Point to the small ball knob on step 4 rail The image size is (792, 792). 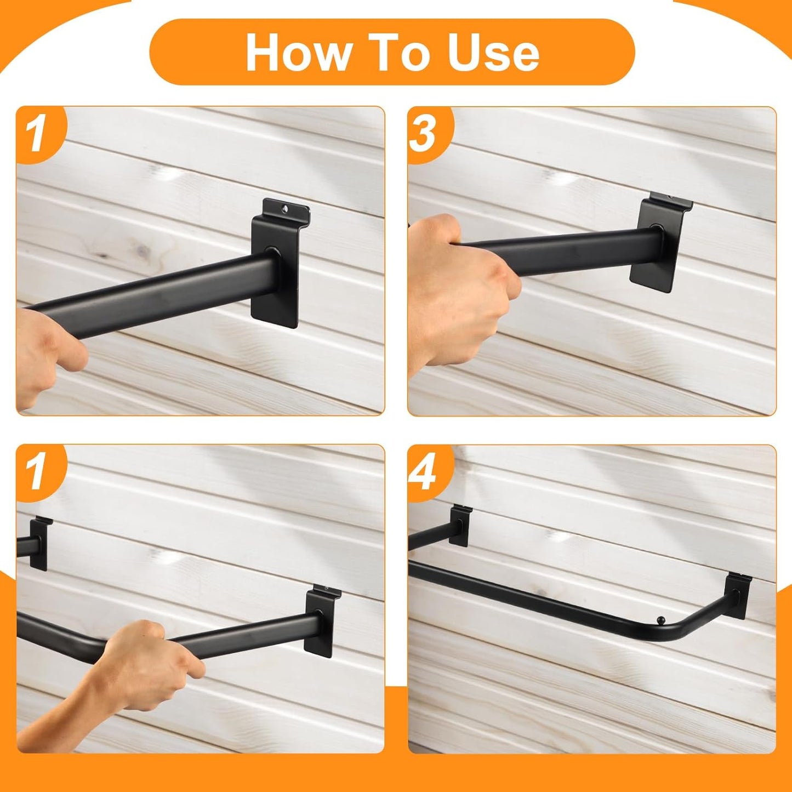pos(660,620)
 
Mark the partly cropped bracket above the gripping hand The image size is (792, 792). pos(38,543)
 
